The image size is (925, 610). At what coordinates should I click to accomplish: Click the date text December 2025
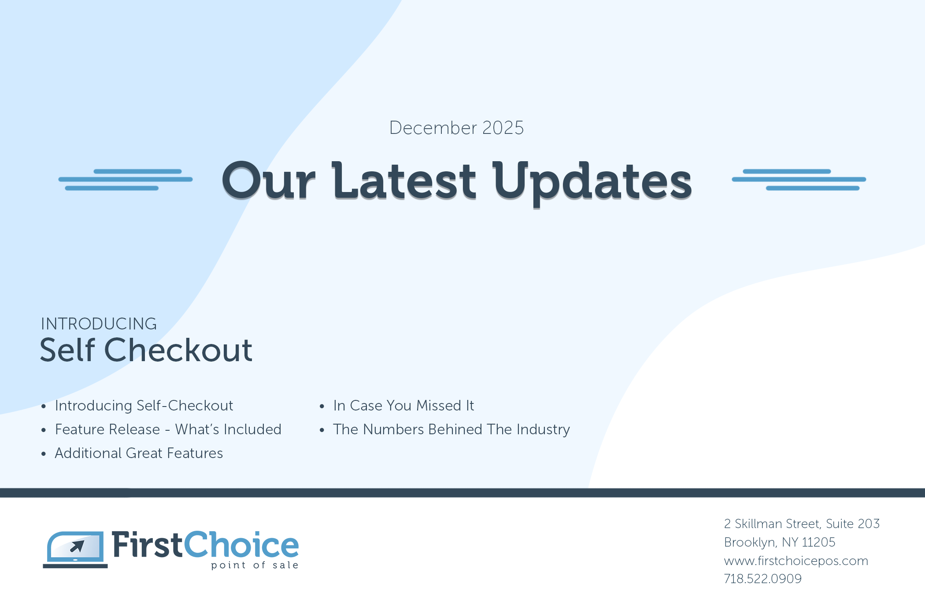click(456, 128)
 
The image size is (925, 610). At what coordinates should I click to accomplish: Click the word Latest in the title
click(404, 180)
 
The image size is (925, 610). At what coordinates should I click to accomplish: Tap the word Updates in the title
click(592, 183)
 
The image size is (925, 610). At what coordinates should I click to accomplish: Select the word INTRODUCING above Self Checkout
click(99, 324)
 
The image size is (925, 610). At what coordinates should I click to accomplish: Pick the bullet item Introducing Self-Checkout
click(144, 406)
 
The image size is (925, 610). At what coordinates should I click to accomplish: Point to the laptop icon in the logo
click(75, 550)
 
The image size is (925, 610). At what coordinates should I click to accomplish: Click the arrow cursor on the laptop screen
click(78, 546)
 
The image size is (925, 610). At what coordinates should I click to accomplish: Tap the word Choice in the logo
click(241, 544)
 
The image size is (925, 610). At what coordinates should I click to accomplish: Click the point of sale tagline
click(255, 565)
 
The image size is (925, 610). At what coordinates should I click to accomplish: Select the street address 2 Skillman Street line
click(802, 524)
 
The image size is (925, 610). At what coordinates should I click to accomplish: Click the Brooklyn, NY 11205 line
click(780, 542)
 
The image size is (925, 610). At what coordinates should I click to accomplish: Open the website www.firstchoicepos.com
click(796, 561)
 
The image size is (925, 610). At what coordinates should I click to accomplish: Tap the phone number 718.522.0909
click(762, 579)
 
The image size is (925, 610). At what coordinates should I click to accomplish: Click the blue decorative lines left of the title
click(126, 179)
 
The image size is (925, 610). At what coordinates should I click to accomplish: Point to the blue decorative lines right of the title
click(799, 179)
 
